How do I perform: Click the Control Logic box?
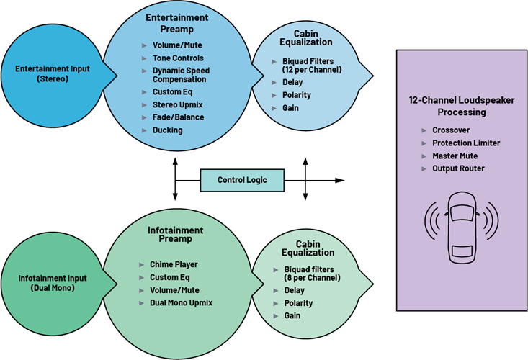[x=241, y=180]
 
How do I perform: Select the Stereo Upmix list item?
[x=176, y=104]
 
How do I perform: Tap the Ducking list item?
[x=167, y=130]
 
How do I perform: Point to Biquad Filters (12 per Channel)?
[x=308, y=67]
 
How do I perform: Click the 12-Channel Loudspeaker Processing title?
[x=461, y=107]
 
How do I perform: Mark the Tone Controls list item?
[x=177, y=58]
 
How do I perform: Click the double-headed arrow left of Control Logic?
[x=174, y=180]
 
